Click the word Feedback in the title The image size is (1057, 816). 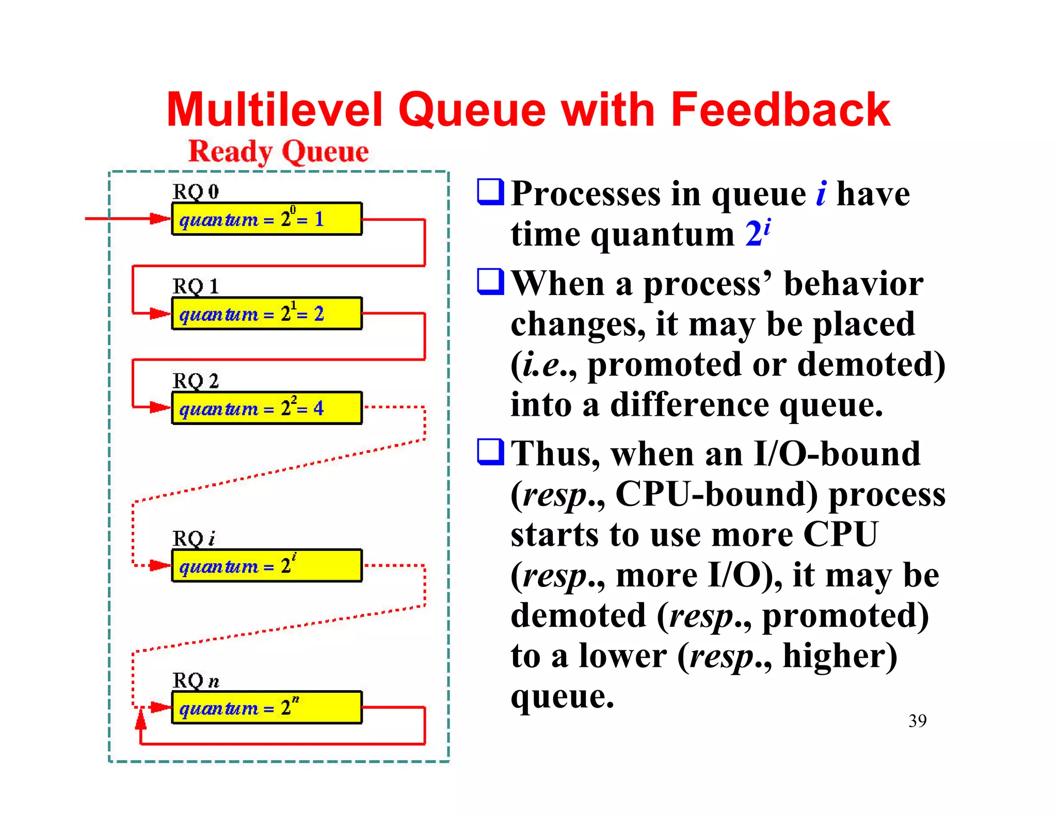pos(780,109)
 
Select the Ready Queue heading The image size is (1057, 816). pos(278,152)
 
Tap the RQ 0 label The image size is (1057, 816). pos(196,192)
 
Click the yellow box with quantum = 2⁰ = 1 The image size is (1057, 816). pos(266,219)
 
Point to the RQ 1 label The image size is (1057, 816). pos(196,286)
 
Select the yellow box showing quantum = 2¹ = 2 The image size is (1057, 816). pos(266,314)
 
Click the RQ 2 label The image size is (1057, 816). pos(196,381)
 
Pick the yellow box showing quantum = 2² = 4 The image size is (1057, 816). pos(266,408)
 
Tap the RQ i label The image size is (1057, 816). pos(194,538)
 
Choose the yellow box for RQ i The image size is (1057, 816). pos(266,566)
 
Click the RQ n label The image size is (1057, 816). pos(196,681)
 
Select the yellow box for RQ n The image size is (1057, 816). pos(266,708)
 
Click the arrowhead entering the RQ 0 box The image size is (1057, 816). pos(159,219)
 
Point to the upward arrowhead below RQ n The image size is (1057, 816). pos(140,719)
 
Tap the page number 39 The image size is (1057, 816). pos(917,721)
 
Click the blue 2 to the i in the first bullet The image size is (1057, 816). pos(758,233)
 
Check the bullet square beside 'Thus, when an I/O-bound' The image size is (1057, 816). pos(490,452)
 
